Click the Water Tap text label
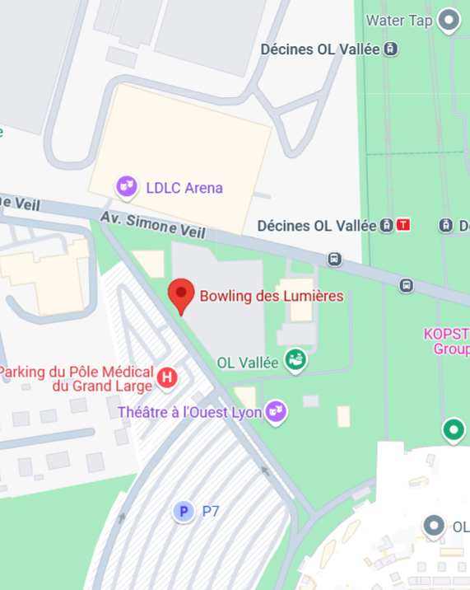tap(398, 21)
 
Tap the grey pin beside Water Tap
tap(449, 20)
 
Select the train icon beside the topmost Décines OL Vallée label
tap(391, 49)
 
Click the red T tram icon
tap(403, 225)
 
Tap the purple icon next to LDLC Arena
tap(127, 188)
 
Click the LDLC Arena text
tap(184, 188)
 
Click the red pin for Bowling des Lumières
tap(181, 295)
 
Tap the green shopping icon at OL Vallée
tap(295, 360)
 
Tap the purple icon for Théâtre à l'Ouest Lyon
tap(277, 411)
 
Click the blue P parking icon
tap(184, 512)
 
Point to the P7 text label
tap(211, 512)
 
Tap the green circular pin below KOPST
tap(452, 429)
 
